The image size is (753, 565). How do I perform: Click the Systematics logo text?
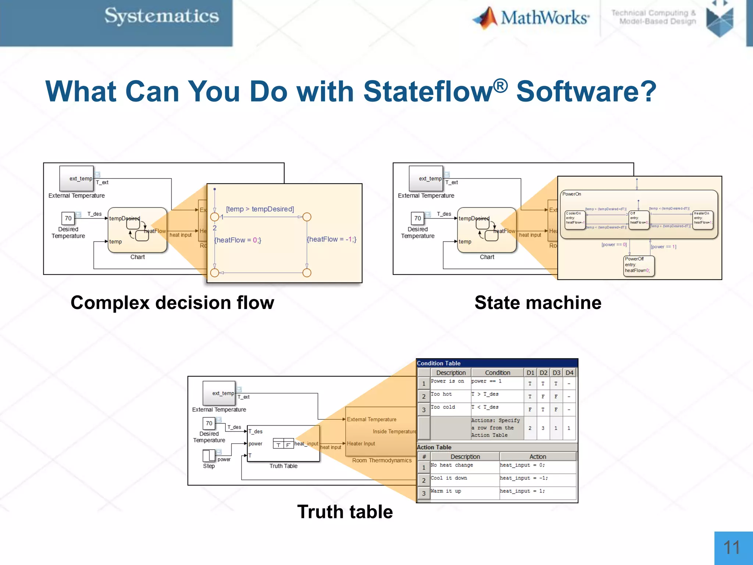161,17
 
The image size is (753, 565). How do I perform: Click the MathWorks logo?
531,18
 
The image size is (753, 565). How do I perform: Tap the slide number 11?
731,548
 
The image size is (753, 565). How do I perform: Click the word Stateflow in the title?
428,92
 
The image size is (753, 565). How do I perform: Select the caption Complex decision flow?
172,303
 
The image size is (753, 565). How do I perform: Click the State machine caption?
538,303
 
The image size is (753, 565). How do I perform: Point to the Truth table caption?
345,512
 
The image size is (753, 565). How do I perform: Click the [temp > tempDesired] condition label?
260,209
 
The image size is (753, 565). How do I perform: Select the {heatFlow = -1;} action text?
331,239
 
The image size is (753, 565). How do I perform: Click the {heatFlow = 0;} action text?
238,240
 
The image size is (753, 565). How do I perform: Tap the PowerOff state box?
639,265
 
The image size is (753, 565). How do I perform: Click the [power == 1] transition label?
663,246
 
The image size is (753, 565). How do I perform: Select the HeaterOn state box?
703,220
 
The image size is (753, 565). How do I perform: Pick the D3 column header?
556,373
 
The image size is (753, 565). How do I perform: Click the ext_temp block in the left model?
76,179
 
